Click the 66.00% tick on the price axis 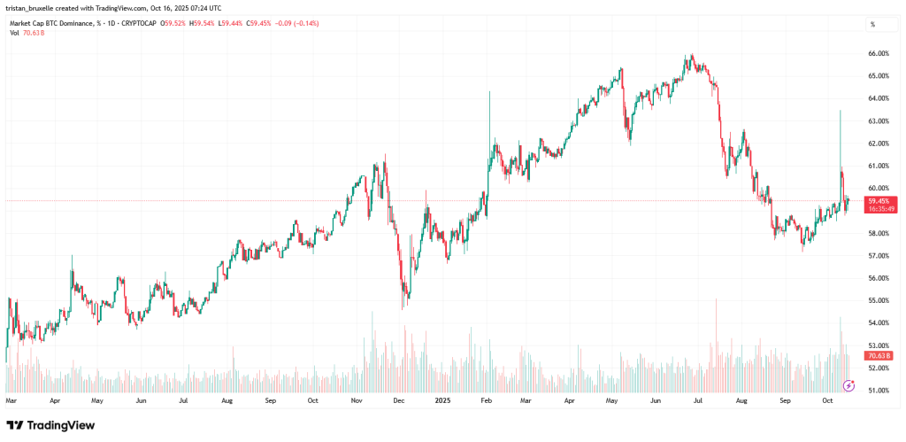[x=878, y=53]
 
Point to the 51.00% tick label [x=878, y=390]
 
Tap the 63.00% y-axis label [x=878, y=120]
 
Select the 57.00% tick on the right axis [x=878, y=256]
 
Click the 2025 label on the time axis [x=445, y=401]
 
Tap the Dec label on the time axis [x=399, y=401]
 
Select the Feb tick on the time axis [x=486, y=401]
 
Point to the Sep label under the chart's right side [x=785, y=401]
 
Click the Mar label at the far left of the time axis [x=12, y=401]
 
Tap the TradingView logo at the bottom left [x=50, y=425]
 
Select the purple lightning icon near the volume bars [x=849, y=384]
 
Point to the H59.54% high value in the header [x=203, y=24]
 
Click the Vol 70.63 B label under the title [x=27, y=33]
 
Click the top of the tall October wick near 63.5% [x=840, y=111]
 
